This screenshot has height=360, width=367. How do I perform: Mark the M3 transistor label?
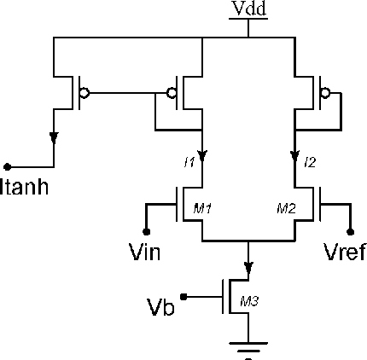click(x=249, y=301)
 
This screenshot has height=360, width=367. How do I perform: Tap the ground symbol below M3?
click(x=248, y=345)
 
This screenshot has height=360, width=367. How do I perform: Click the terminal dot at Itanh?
click(x=8, y=165)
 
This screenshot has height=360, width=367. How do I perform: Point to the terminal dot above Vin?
click(x=146, y=231)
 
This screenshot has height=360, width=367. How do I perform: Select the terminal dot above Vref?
click(x=350, y=231)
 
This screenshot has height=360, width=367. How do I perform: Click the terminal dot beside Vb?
click(x=184, y=297)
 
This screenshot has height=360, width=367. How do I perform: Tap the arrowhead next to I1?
click(x=201, y=157)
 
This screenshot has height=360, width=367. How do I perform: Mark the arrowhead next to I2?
click(x=294, y=157)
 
